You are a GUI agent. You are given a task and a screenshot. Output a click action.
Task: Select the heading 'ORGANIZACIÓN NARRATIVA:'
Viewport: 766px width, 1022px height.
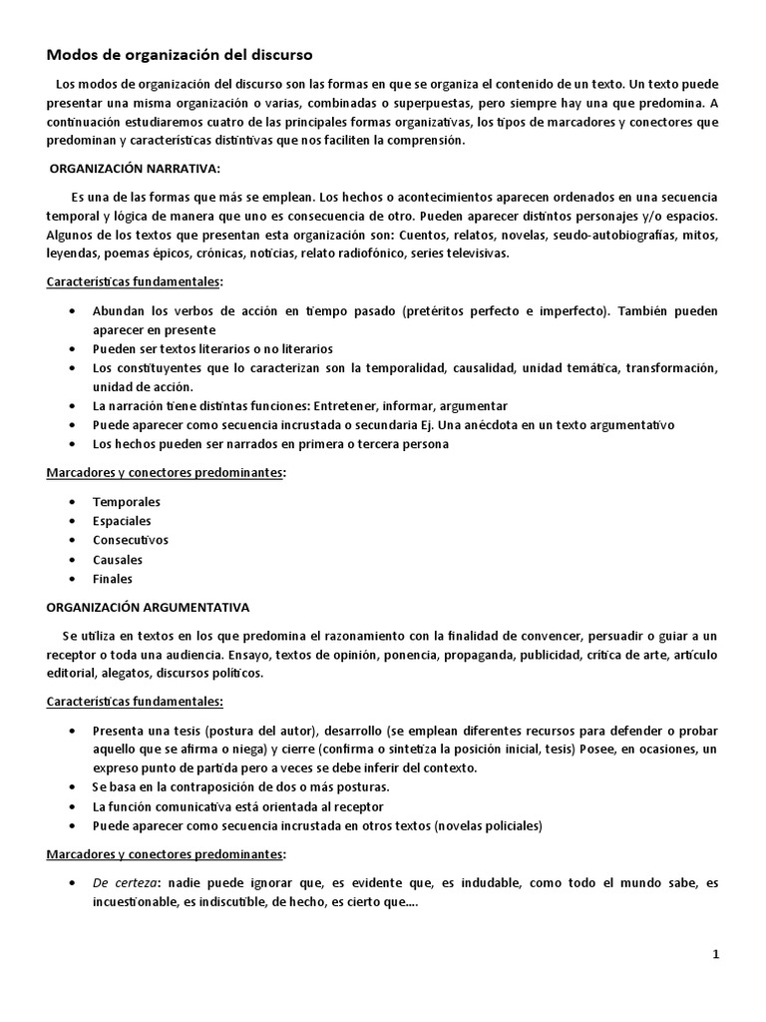tap(135, 169)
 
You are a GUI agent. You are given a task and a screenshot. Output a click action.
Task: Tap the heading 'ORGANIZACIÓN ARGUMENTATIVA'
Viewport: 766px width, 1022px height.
tap(149, 606)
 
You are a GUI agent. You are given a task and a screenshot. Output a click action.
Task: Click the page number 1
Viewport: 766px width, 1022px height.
tap(716, 954)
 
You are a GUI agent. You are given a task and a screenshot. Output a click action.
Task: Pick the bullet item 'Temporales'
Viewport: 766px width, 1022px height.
tap(127, 502)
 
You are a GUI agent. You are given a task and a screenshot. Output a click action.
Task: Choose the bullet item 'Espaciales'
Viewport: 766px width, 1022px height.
tap(123, 521)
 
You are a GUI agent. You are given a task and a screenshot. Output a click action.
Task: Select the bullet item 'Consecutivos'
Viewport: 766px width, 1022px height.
tap(131, 540)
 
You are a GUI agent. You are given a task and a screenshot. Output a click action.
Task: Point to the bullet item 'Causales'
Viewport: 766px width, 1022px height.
tap(118, 560)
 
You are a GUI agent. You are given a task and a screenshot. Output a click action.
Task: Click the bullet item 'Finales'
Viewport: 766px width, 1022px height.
tap(113, 579)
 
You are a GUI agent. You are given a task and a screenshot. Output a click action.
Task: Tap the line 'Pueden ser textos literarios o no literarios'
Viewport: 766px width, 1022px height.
tap(212, 349)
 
